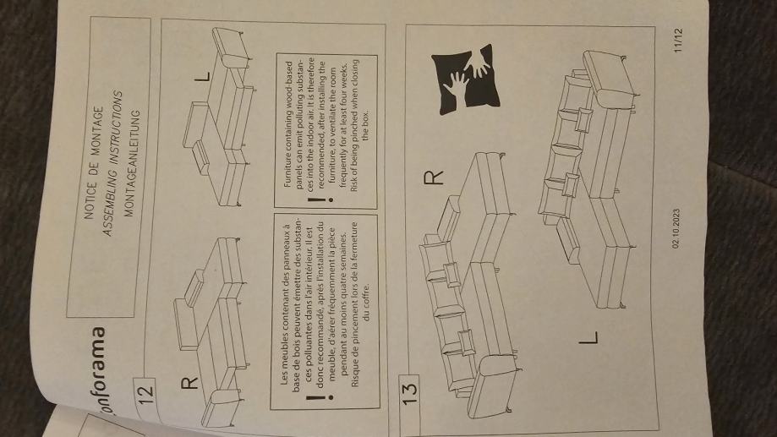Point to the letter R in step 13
tap(434, 178)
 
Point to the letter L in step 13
tap(589, 338)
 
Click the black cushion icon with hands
tap(465, 80)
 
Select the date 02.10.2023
tap(676, 228)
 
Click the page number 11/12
tap(678, 40)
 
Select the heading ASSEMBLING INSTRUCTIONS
tap(112, 163)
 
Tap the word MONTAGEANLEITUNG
tap(130, 163)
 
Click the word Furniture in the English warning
tap(288, 167)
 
